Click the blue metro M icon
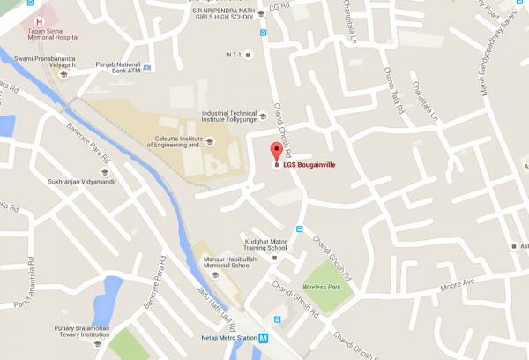pyautogui.click(x=275, y=339)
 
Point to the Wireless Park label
pyautogui.click(x=322, y=287)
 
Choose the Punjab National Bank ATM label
pyautogui.click(x=111, y=66)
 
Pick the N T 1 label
pyautogui.click(x=233, y=55)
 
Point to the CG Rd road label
pyautogui.click(x=279, y=6)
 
